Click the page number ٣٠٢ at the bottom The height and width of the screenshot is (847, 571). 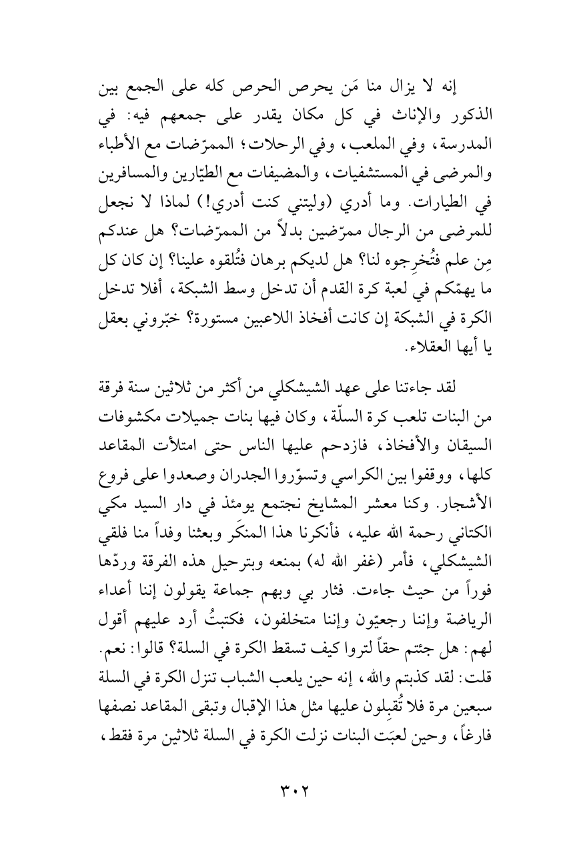[285, 790]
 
